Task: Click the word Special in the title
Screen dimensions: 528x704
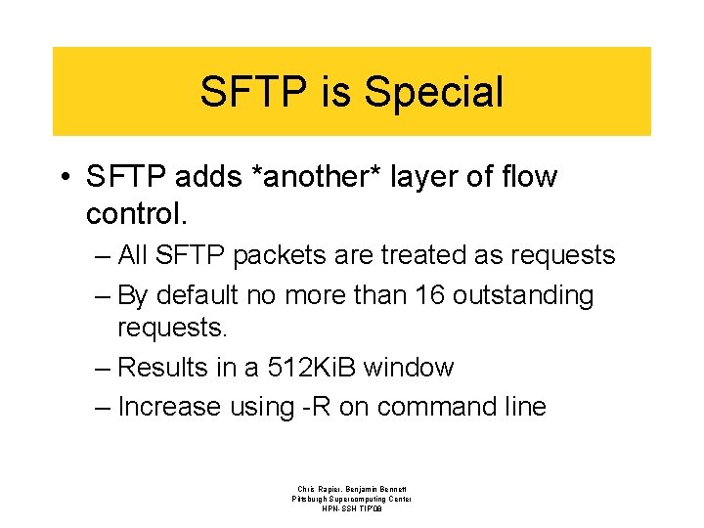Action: [432, 92]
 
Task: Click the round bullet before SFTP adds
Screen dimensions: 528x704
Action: [63, 178]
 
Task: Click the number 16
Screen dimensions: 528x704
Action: [428, 295]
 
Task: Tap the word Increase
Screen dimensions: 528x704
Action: [168, 407]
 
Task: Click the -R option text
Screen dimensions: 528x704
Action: [316, 407]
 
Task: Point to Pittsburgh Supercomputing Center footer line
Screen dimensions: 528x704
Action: [351, 499]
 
